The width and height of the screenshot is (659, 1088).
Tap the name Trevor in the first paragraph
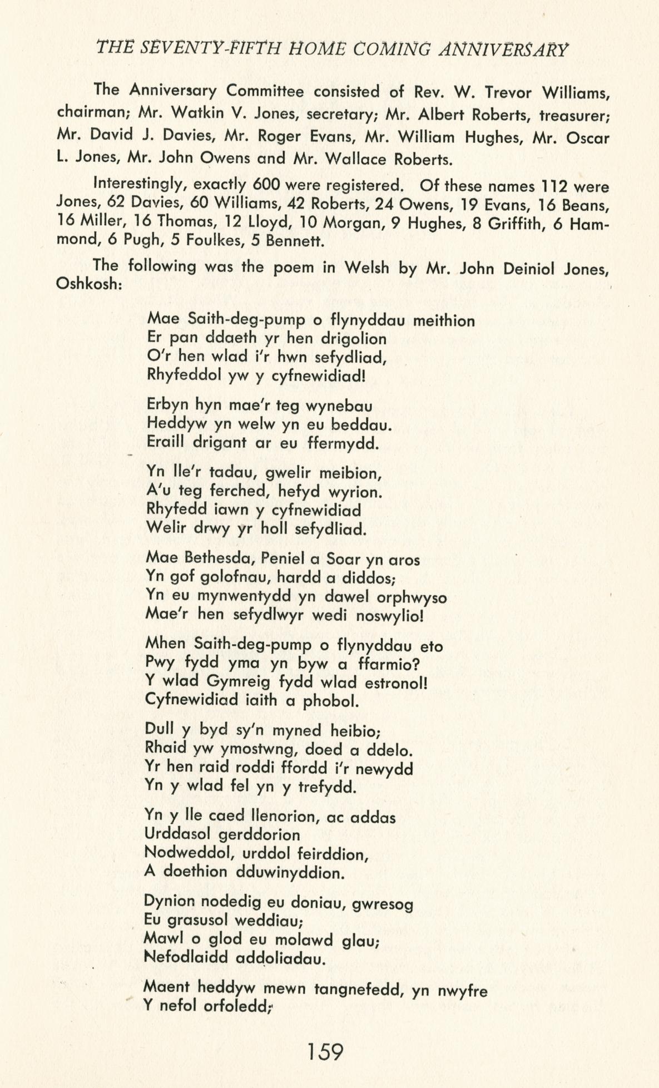pyautogui.click(x=507, y=91)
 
